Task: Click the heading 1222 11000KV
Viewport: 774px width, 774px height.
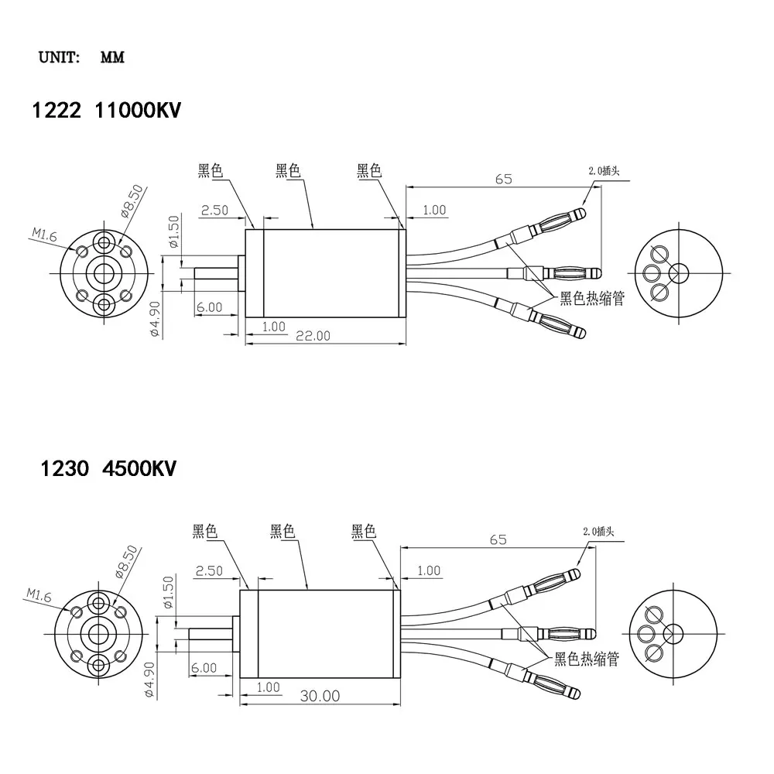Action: tap(105, 111)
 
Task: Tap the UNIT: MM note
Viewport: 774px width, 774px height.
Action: tap(81, 58)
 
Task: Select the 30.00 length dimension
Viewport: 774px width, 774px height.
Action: tap(320, 695)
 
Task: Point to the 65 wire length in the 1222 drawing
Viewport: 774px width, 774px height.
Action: tap(503, 179)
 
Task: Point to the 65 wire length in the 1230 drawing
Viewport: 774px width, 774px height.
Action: tap(498, 539)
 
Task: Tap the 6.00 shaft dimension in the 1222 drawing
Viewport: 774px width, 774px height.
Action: tap(209, 307)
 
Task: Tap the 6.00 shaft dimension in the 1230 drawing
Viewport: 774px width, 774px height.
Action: tap(204, 667)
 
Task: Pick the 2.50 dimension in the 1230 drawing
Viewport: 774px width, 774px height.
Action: tap(209, 571)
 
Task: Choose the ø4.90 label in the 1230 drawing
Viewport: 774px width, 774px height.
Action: tap(151, 681)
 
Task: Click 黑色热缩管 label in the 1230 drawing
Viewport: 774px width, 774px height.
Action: tap(586, 659)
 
